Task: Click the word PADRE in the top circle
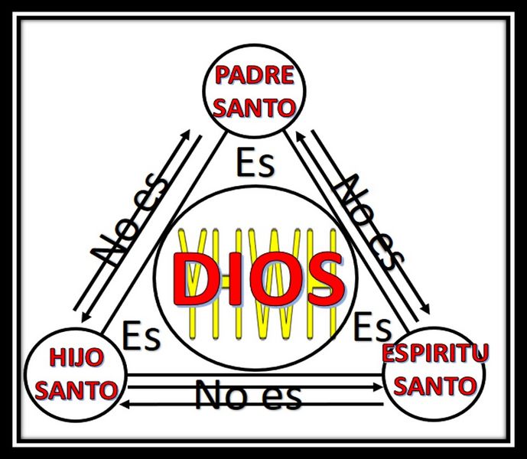coord(255,75)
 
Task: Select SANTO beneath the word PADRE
coord(255,108)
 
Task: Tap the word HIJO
coord(76,357)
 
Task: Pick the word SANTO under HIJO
coord(76,390)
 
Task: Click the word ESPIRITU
coord(435,353)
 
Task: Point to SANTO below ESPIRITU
coord(435,386)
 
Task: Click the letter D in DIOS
coord(195,280)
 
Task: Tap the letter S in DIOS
coord(324,280)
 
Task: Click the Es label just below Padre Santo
coord(255,162)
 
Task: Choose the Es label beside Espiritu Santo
coord(372,326)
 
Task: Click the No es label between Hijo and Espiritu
coord(248,394)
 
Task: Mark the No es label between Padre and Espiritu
coord(369,223)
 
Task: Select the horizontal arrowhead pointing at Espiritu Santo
coord(379,388)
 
